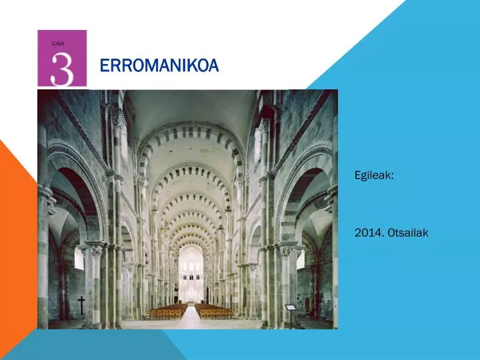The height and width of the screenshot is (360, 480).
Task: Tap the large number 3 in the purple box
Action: [62, 68]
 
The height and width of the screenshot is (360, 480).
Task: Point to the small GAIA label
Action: [58, 43]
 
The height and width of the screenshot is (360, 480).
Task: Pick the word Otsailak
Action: [410, 233]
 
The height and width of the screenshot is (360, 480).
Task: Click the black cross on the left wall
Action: [81, 305]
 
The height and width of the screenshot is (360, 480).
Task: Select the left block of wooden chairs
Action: [167, 311]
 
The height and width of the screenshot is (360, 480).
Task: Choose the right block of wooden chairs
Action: [215, 311]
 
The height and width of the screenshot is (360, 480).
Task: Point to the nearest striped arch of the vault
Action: [190, 130]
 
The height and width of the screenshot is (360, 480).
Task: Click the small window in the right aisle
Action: [301, 258]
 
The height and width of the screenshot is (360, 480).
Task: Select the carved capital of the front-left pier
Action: [95, 250]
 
